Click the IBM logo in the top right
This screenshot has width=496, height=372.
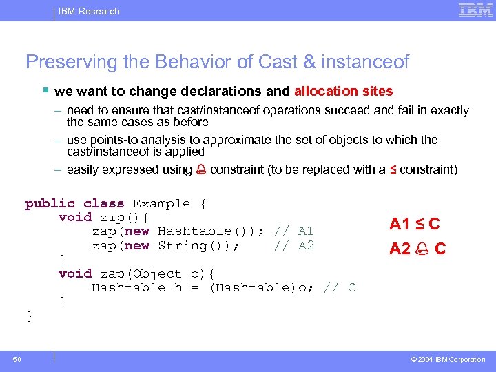click(475, 10)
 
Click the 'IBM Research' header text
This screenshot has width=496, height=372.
click(88, 11)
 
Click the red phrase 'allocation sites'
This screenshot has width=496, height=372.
click(343, 92)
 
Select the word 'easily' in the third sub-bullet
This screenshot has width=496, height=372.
click(83, 169)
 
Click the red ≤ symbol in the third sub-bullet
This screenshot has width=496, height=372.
click(393, 169)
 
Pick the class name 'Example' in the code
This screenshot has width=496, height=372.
click(161, 203)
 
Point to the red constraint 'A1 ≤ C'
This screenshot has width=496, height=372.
click(414, 224)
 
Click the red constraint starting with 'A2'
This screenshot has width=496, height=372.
click(417, 249)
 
